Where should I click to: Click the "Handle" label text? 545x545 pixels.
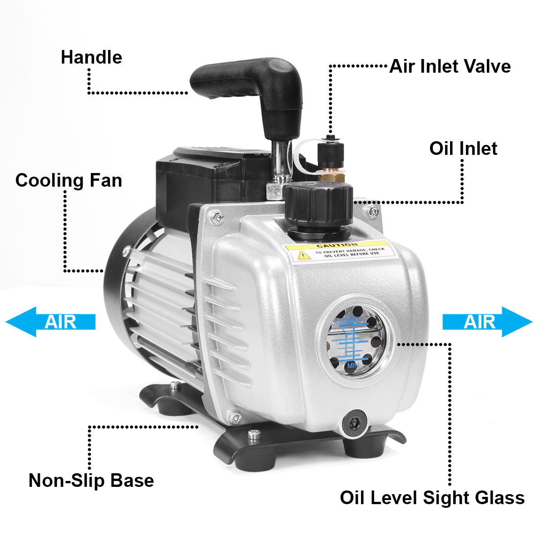click(91, 58)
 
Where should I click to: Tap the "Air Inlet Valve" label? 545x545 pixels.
click(450, 66)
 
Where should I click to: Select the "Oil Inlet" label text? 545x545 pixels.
click(463, 149)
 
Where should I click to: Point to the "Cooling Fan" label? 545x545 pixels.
click(69, 180)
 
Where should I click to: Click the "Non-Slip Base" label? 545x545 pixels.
click(91, 481)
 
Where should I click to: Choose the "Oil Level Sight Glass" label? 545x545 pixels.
click(432, 498)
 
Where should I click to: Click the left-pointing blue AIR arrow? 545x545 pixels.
click(50, 322)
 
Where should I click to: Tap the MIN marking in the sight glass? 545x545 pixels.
click(352, 365)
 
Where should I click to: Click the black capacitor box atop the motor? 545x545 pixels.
click(204, 177)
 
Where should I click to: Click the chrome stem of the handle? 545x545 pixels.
click(279, 161)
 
